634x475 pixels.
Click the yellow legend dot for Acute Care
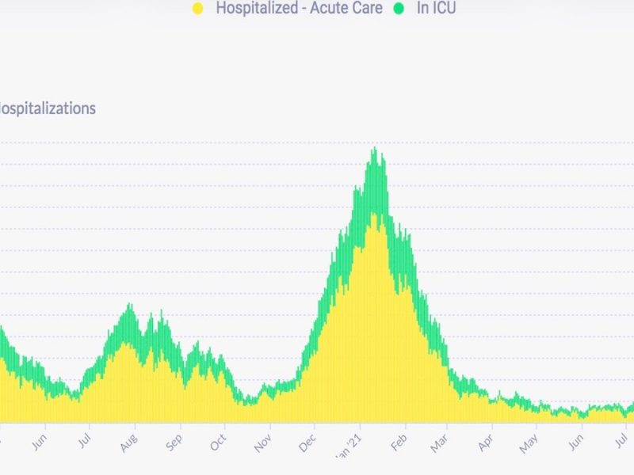(198, 9)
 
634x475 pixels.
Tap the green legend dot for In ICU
(399, 9)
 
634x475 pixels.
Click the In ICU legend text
(436, 9)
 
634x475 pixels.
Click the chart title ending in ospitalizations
(48, 108)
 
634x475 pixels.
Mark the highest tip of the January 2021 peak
(374, 148)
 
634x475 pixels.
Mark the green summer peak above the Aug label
(128, 305)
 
